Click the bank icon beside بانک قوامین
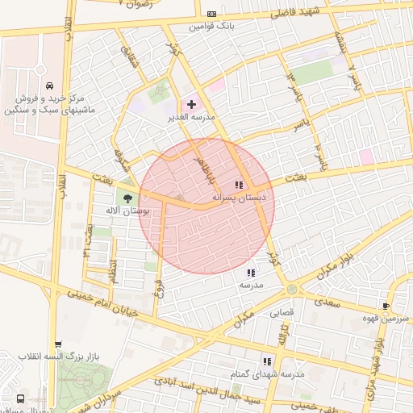coord(211,14)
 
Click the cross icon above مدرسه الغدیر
coord(191,104)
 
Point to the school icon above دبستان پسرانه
coord(239,185)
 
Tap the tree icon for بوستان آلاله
coord(127,198)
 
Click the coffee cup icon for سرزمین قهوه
coord(386,306)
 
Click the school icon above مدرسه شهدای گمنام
coord(278,362)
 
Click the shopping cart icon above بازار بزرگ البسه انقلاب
coord(57,344)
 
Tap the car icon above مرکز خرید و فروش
coord(50,86)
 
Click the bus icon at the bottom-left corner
coord(20,398)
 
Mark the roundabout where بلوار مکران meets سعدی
coord(291,289)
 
